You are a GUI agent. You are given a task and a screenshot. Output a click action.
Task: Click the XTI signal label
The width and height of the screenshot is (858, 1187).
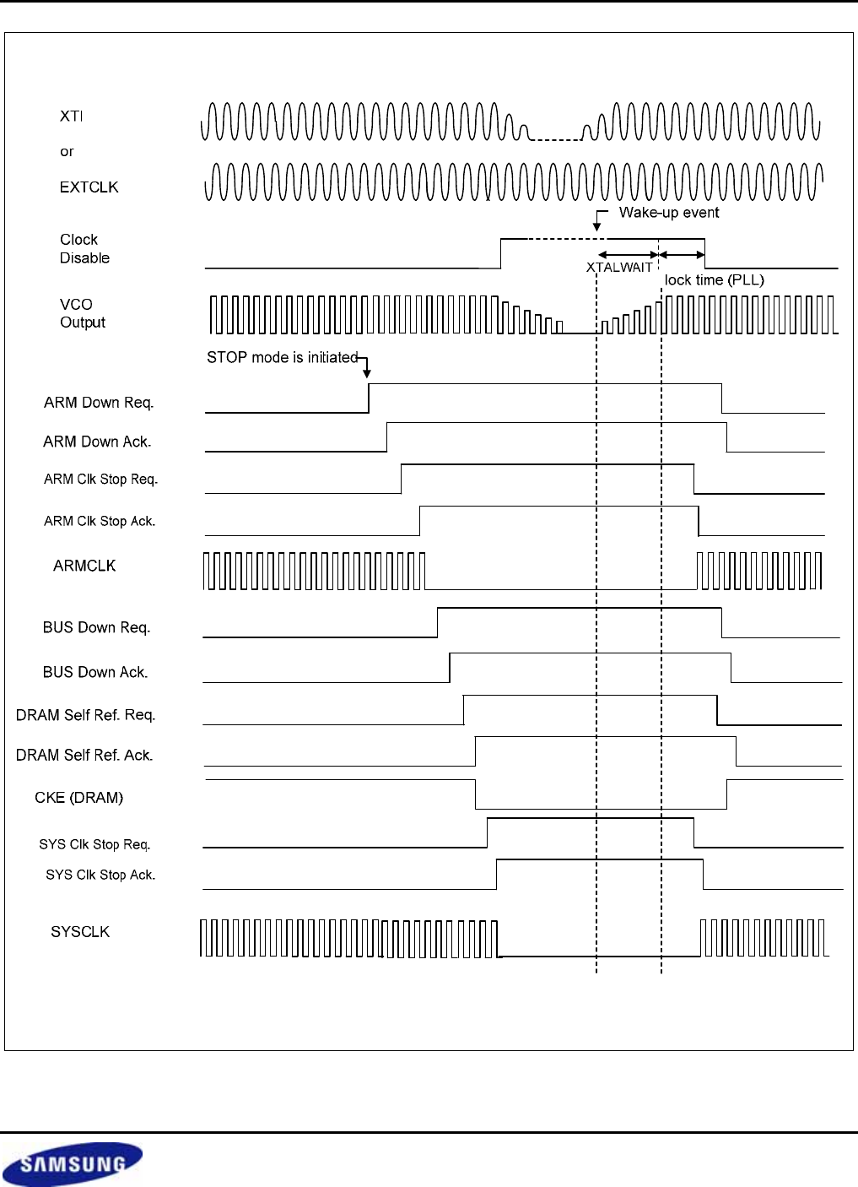click(x=71, y=116)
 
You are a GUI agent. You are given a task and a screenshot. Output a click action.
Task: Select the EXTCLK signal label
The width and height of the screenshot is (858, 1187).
click(x=89, y=187)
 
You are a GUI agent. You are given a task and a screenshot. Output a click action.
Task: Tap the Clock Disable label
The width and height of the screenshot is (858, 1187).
click(x=84, y=248)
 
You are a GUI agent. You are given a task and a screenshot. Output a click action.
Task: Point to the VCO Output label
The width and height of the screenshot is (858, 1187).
click(x=83, y=313)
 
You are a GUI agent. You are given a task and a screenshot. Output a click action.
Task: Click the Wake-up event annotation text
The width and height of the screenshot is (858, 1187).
click(x=669, y=213)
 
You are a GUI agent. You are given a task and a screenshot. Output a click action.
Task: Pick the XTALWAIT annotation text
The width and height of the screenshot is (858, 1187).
click(x=619, y=267)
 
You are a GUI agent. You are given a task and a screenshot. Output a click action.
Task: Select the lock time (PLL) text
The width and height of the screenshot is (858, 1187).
click(x=715, y=279)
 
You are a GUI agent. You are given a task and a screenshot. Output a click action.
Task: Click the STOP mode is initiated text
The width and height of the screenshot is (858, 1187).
click(x=283, y=358)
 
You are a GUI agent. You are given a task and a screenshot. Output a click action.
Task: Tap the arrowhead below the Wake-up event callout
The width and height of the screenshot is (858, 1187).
click(x=597, y=227)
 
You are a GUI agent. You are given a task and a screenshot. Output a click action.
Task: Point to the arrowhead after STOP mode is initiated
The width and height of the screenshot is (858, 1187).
click(x=367, y=374)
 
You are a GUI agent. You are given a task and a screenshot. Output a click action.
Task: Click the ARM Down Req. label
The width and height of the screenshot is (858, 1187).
click(x=99, y=403)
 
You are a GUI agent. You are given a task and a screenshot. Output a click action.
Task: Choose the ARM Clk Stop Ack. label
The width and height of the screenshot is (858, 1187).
click(x=100, y=522)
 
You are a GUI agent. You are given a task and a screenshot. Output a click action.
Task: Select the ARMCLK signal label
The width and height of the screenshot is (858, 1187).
click(x=84, y=566)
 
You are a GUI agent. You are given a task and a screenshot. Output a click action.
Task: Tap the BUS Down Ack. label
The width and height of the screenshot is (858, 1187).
click(x=95, y=672)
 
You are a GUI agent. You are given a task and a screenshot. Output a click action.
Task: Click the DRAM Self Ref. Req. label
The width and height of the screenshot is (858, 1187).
click(x=85, y=715)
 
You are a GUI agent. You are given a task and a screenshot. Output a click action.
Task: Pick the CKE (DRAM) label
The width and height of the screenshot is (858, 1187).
click(x=79, y=798)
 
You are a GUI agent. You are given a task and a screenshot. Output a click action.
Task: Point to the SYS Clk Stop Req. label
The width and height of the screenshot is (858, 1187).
click(x=94, y=844)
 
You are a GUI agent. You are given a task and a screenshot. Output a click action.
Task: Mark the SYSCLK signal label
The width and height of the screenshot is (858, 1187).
click(x=80, y=932)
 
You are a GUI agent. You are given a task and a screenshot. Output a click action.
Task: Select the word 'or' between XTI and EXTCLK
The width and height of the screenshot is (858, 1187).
click(x=67, y=152)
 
